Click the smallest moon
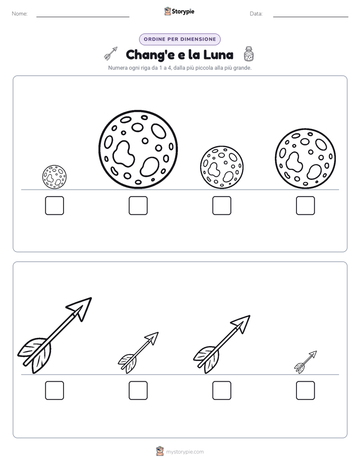tap(54, 177)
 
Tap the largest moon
tap(138, 149)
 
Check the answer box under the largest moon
tap(138, 205)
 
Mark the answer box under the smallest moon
tap(54, 205)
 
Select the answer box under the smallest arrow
tap(306, 390)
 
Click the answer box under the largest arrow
tap(54, 390)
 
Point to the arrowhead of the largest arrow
tap(81, 308)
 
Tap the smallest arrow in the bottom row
tap(306, 362)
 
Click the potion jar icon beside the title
tap(249, 54)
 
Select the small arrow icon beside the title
tap(111, 53)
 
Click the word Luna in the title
tap(218, 54)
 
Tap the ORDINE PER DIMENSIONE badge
tap(179, 39)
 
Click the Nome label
tap(20, 14)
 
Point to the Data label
tap(256, 14)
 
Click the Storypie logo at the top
tap(179, 11)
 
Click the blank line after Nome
tap(83, 17)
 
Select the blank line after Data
tap(311, 17)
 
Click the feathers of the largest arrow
tap(36, 354)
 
